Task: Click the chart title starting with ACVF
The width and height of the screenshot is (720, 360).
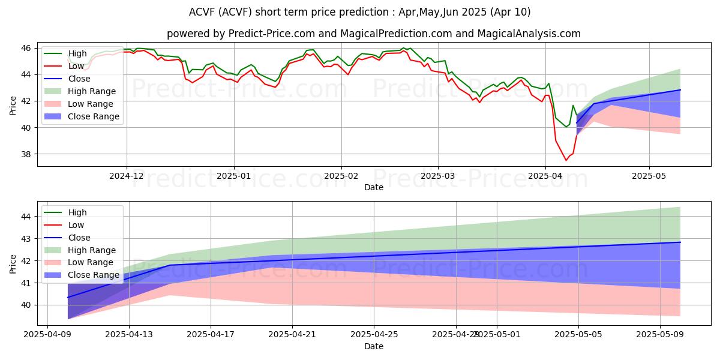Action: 359,12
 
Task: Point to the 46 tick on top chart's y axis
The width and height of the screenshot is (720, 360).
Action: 28,48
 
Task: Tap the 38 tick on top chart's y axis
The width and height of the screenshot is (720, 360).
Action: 28,154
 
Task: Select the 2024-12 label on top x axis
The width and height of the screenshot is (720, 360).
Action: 127,176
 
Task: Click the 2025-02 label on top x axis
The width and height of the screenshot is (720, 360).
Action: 341,176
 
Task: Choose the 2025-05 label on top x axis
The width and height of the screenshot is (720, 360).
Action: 649,176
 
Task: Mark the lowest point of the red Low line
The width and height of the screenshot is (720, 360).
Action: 565,160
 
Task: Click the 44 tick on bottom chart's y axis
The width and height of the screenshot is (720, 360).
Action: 28,216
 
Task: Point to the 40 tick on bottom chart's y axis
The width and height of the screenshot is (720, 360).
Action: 28,305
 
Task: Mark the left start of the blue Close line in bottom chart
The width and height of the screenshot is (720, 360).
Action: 67,298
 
